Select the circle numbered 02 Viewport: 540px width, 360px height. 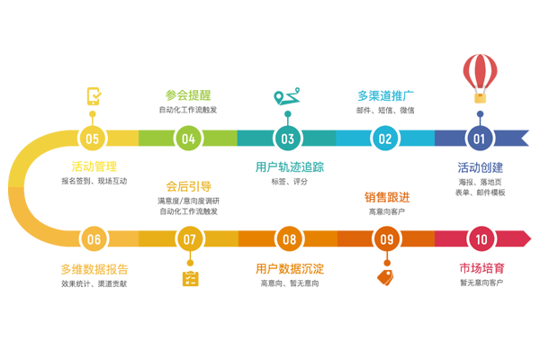point(385,139)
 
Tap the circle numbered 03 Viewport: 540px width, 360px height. point(287,139)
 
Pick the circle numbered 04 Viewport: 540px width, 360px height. point(188,139)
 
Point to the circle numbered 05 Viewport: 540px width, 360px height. point(90,139)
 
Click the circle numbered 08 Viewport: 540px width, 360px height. point(287,239)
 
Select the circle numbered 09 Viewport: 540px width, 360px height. point(385,239)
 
